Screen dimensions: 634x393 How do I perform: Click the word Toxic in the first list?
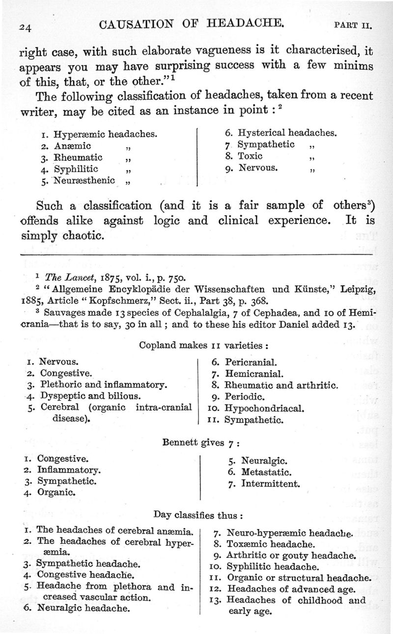(250, 156)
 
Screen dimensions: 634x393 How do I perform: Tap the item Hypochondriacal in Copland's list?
(264, 408)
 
